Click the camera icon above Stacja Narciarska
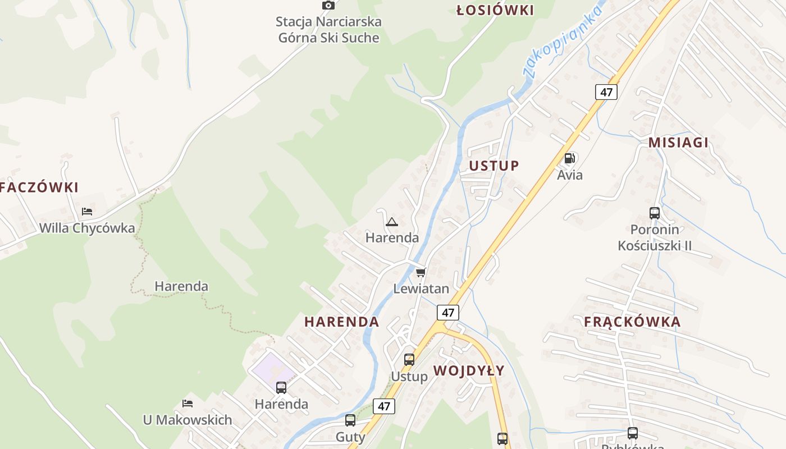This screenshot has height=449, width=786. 328,6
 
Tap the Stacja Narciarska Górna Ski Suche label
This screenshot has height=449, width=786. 329,30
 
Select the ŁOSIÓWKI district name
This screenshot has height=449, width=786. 495,10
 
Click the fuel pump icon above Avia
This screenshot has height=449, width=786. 570,158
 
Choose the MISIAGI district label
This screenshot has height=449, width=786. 678,143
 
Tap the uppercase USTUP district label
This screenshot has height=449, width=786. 494,166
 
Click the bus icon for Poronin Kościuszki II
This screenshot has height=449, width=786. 655,213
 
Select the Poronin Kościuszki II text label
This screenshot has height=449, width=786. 655,237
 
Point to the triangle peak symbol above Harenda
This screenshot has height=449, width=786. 391,222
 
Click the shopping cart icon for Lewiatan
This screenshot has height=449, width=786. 421,273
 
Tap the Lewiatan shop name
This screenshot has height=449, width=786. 421,289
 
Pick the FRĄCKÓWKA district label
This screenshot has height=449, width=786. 632,322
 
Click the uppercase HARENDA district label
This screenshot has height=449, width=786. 341,322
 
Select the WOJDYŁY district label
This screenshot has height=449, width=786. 469,370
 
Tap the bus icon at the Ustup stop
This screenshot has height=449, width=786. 409,360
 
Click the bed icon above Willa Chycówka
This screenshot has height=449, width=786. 87,212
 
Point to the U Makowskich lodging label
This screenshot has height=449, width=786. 188,420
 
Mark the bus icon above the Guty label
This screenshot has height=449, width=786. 350,420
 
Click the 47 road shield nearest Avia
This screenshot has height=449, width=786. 606,92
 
